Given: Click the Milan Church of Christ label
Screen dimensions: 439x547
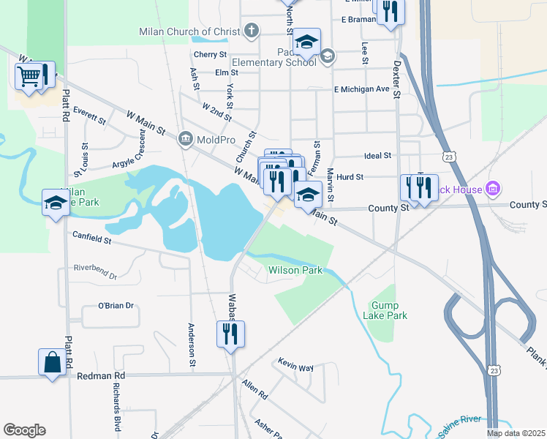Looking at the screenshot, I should click(x=189, y=31).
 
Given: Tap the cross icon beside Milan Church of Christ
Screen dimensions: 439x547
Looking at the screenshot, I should click(x=252, y=31).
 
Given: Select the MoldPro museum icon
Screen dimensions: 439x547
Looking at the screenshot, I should click(x=185, y=138).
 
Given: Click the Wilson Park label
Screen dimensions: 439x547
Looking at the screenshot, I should click(x=295, y=270).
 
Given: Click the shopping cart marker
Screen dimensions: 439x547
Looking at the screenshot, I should click(x=29, y=76).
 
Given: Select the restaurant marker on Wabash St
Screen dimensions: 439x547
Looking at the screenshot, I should click(x=230, y=334).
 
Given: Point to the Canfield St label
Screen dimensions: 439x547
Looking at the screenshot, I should click(x=91, y=237).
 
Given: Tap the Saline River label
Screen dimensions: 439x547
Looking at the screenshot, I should click(x=460, y=419).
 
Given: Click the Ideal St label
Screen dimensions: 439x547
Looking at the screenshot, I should click(x=378, y=156).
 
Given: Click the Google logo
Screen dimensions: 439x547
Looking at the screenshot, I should click(x=25, y=430).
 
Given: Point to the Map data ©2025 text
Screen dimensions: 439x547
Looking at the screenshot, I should click(x=516, y=433).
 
